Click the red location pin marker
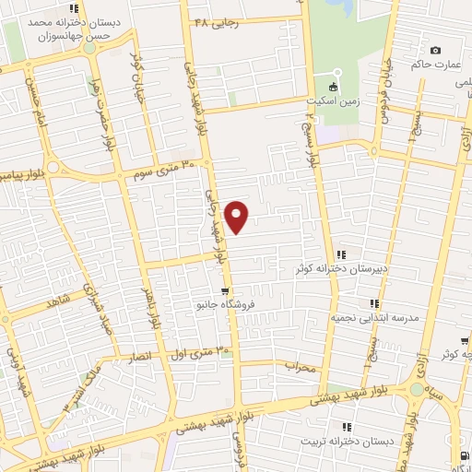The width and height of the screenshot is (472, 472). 238,216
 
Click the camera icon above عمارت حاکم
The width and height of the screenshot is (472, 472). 435,51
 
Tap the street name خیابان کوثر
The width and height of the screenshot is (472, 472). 138,65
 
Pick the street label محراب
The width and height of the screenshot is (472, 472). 300,366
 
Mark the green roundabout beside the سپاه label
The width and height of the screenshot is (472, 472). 418,390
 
